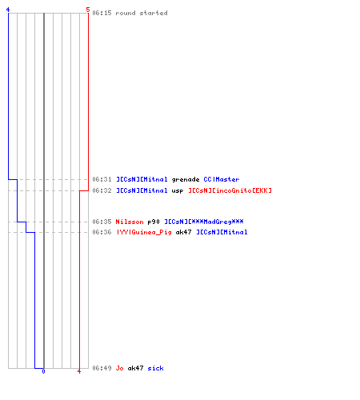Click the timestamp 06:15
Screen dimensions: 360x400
[102, 13]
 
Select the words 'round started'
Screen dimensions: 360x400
[142, 13]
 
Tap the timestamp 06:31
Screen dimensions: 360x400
[102, 179]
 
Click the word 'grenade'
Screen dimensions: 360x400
[186, 180]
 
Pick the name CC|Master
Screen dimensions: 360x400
[222, 179]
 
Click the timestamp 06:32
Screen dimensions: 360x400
[102, 190]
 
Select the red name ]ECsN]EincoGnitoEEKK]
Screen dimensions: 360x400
[230, 190]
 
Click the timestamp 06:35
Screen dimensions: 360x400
[102, 222]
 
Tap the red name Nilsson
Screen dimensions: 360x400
[130, 222]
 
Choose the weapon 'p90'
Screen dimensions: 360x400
[154, 222]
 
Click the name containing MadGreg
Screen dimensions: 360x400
[204, 222]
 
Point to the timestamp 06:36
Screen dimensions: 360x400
[102, 232]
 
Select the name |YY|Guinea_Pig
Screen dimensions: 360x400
[143, 232]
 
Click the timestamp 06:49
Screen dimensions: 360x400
[102, 368]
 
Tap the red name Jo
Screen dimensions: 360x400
[119, 368]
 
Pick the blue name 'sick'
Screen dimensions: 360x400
[155, 368]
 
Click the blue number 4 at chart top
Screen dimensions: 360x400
[8, 10]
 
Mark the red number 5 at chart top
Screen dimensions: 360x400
[88, 10]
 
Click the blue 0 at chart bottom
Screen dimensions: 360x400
[43, 371]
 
